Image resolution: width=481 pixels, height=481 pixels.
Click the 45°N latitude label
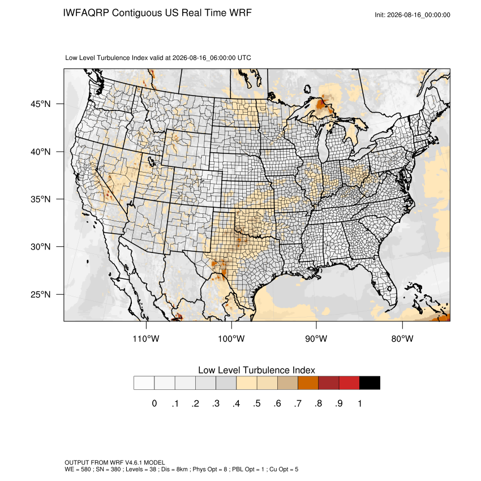click(x=41, y=104)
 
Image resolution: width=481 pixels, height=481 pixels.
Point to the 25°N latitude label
click(x=41, y=294)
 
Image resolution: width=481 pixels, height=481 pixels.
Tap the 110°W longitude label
click(x=146, y=338)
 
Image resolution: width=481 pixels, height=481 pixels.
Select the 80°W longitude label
click(x=402, y=338)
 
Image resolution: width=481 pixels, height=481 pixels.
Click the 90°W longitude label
click(x=316, y=338)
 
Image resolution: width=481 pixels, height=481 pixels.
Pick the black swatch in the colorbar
click(x=370, y=383)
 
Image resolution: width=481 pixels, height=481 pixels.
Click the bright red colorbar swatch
click(x=349, y=383)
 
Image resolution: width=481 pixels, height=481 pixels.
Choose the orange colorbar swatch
click(x=308, y=383)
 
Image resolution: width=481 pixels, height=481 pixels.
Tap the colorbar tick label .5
click(x=257, y=403)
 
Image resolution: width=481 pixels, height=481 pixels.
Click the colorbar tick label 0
click(x=154, y=403)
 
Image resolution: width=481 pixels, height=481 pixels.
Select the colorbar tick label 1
click(x=359, y=403)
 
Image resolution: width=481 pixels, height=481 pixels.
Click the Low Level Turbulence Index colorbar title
click(x=256, y=370)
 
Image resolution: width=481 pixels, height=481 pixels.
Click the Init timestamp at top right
click(x=413, y=15)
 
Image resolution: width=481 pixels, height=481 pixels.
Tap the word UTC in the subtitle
click(x=244, y=58)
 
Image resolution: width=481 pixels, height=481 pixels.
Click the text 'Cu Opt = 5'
click(x=284, y=469)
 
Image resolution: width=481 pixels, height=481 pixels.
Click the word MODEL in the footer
click(x=154, y=462)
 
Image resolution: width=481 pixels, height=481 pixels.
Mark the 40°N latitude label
click(x=41, y=152)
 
